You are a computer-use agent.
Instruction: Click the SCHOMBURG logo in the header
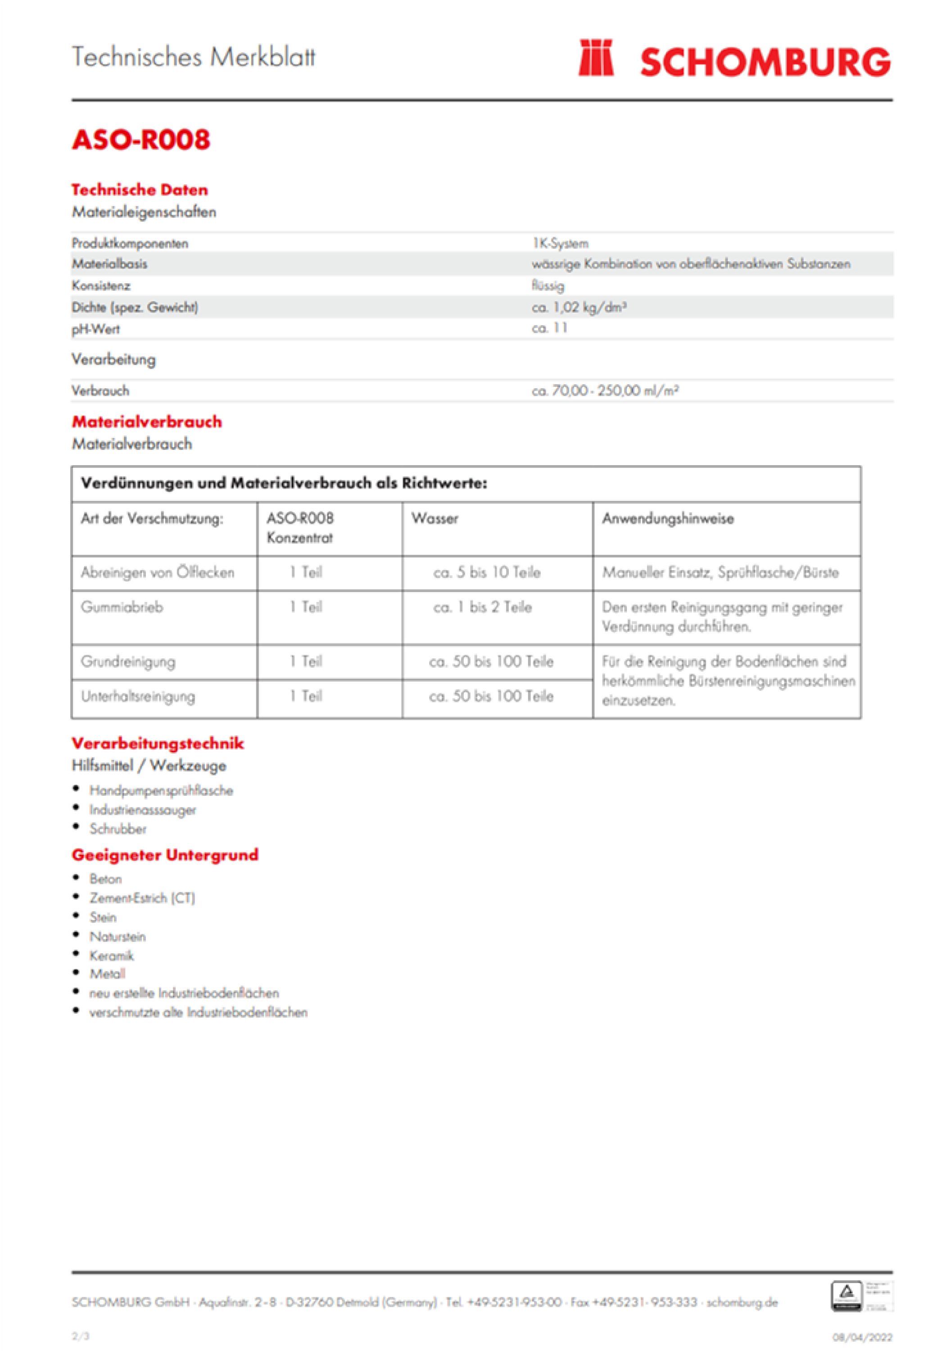coord(734,60)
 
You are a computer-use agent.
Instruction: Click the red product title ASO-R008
coord(140,140)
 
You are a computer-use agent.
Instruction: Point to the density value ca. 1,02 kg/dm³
coord(579,307)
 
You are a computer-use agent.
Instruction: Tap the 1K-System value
coord(560,243)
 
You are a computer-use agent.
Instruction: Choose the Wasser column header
coord(435,518)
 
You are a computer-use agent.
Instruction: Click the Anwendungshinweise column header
coord(668,518)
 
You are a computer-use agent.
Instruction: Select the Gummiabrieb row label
coord(122,607)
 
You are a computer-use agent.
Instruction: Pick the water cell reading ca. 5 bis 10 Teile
coord(487,572)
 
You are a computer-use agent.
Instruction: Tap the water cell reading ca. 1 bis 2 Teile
coord(483,607)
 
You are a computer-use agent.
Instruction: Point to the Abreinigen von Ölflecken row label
coord(157,572)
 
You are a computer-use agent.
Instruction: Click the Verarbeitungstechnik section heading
coord(158,743)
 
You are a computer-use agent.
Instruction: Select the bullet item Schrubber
coord(118,829)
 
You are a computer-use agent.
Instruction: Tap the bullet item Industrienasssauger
coord(142,810)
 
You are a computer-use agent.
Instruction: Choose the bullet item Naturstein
coord(117,936)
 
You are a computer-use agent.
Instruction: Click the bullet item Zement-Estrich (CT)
coord(142,898)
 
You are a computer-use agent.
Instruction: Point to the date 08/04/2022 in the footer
coord(862,1337)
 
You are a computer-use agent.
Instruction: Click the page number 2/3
coord(81,1336)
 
